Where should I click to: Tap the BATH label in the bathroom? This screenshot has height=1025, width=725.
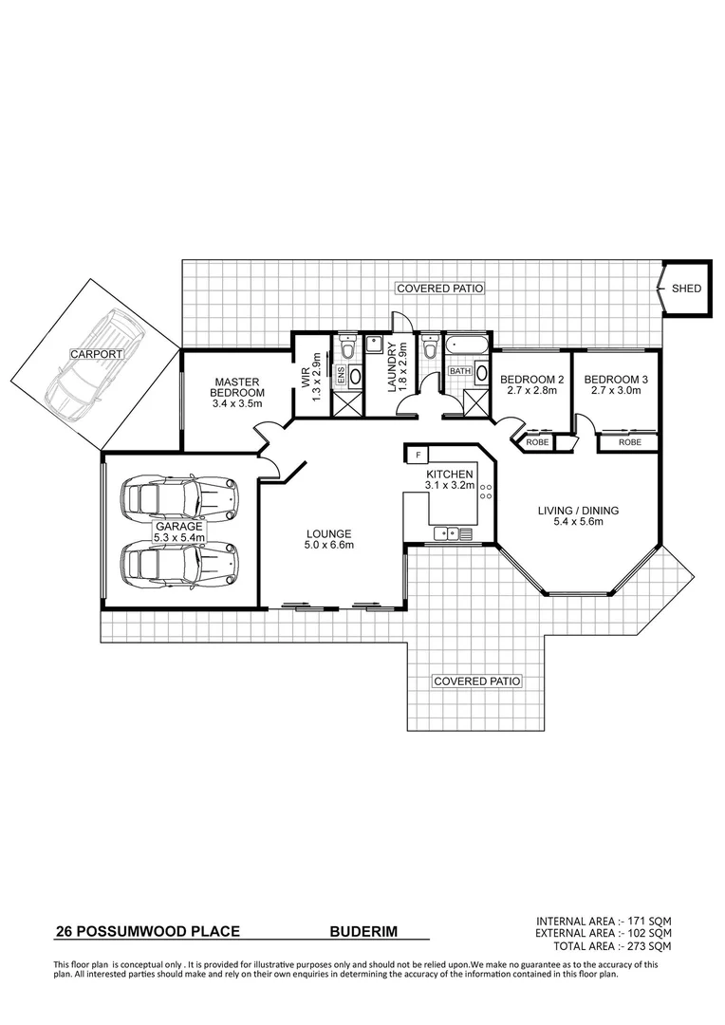click(x=460, y=371)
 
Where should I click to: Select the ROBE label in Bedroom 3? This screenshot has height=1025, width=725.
click(x=629, y=442)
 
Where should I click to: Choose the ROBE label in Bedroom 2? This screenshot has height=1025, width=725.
click(x=536, y=442)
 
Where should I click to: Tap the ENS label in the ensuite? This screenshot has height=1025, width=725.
click(x=339, y=376)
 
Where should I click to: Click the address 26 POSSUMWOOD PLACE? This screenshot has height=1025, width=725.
click(x=148, y=933)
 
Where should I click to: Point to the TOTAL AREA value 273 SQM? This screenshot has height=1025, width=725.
click(x=649, y=946)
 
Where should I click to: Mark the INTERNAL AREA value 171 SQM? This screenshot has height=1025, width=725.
click(x=649, y=922)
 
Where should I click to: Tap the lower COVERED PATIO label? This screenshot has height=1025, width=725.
click(x=477, y=681)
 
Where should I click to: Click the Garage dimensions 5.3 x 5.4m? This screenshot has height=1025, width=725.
click(x=179, y=536)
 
